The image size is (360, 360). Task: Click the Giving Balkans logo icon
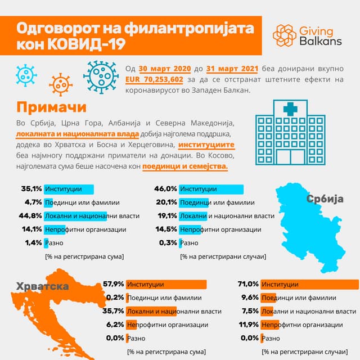click(x=285, y=35)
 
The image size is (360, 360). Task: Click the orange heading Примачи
click(x=51, y=107)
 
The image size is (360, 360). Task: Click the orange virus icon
click(x=61, y=84)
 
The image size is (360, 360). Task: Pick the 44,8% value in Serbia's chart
click(x=31, y=216)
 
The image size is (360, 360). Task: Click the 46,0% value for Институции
click(x=166, y=189)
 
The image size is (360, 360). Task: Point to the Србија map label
click(x=325, y=199)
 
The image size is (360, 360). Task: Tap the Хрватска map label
click(x=43, y=286)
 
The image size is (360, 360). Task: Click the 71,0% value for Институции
click(x=248, y=284)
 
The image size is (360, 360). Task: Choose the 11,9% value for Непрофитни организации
click(x=248, y=325)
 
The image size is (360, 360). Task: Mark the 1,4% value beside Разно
click(x=33, y=243)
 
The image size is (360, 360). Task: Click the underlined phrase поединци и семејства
click(x=185, y=166)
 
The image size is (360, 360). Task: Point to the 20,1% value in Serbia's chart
click(x=166, y=202)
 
